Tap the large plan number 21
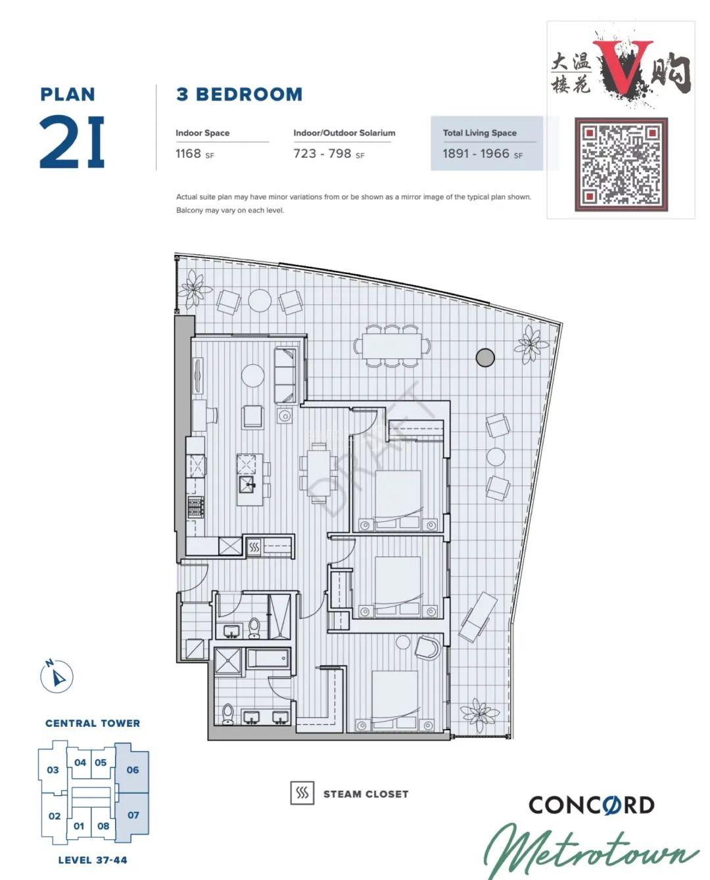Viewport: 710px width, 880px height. (x=72, y=141)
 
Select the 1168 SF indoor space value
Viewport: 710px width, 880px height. (x=195, y=154)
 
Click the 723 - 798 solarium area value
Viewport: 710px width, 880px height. (x=329, y=154)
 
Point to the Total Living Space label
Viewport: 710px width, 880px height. (x=480, y=133)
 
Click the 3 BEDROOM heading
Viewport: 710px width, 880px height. (x=239, y=95)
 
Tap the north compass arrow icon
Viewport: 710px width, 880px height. (x=57, y=676)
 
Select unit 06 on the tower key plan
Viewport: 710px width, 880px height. (x=132, y=770)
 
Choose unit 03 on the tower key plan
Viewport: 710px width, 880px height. (x=53, y=770)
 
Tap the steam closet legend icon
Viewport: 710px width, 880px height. (x=302, y=794)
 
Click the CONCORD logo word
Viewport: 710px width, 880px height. (x=592, y=806)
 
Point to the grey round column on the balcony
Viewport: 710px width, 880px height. (x=485, y=358)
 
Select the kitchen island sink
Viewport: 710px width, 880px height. (x=247, y=486)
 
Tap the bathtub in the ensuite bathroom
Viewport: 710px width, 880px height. (x=268, y=659)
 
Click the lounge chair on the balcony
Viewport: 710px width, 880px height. (x=477, y=616)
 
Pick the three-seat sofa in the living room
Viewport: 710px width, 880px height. (x=285, y=376)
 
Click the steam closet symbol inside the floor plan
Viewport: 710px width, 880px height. (x=254, y=547)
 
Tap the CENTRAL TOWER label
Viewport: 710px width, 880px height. (x=93, y=724)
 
